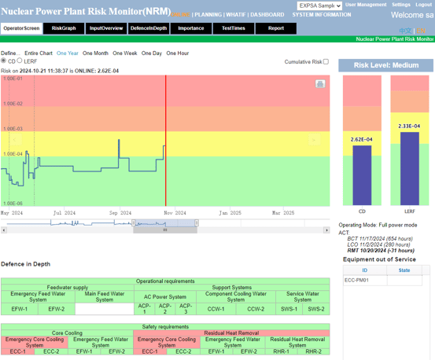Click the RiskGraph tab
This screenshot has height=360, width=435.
pyautogui.click(x=64, y=28)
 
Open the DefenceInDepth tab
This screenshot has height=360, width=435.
pyautogui.click(x=149, y=28)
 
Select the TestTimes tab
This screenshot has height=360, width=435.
pyautogui.click(x=233, y=28)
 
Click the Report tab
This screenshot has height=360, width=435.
pyautogui.click(x=275, y=28)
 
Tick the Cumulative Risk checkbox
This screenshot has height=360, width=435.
pyautogui.click(x=326, y=61)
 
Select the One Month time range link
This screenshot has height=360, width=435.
pyautogui.click(x=95, y=53)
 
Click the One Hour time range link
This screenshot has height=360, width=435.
pyautogui.click(x=177, y=53)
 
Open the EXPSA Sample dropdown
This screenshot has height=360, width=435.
pyautogui.click(x=319, y=6)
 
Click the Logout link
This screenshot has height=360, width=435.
pyautogui.click(x=422, y=5)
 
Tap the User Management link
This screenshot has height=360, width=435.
pyautogui.click(x=366, y=5)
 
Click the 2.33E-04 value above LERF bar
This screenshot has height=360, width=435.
pyautogui.click(x=409, y=126)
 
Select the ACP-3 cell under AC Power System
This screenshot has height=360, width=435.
pyautogui.click(x=185, y=309)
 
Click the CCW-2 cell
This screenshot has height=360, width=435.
pyautogui.click(x=256, y=309)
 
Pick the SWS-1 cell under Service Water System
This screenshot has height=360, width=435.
pyautogui.click(x=289, y=309)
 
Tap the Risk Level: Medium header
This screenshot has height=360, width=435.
pyautogui.click(x=386, y=66)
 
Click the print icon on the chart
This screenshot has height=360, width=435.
pyautogui.click(x=319, y=83)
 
